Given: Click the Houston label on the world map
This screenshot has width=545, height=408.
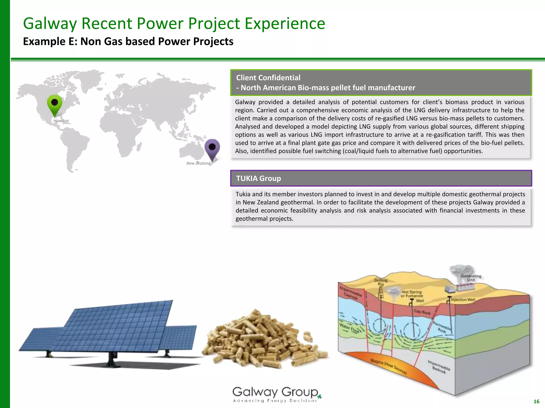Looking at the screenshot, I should click(61, 121).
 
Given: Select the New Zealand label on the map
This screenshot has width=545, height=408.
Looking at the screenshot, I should click(198, 163).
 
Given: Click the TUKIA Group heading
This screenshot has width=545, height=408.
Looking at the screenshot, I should click(258, 178).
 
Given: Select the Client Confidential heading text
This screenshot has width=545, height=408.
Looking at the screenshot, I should click(268, 78).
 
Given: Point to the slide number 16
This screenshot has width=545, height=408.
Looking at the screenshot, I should click(536, 401).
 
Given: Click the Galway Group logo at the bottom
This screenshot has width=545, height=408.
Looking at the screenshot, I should click(277, 394).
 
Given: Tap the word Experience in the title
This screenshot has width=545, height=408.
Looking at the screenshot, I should click(285, 23).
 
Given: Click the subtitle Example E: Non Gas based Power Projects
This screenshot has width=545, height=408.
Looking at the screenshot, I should click(128, 41).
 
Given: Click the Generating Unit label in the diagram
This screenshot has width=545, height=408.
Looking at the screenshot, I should click(471, 278).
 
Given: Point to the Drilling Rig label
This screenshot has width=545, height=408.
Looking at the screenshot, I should click(381, 282).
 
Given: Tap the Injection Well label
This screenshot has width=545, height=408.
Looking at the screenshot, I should click(463, 299).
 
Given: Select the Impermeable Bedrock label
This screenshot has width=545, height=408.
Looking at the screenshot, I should click(439, 367).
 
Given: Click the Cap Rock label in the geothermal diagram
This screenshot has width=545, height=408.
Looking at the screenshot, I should click(422, 312).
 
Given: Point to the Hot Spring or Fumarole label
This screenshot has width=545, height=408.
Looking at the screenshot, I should click(412, 294).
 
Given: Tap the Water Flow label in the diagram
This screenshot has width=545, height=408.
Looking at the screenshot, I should click(349, 328).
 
